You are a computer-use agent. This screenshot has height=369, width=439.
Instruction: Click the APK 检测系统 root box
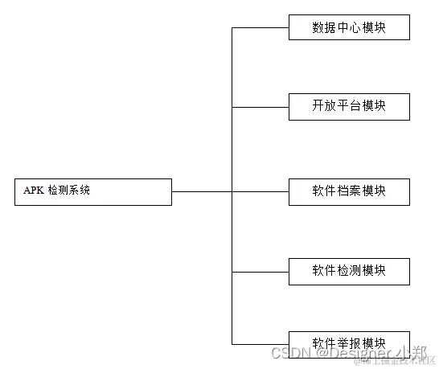93,191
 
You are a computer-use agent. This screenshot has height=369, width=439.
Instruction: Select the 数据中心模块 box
349,27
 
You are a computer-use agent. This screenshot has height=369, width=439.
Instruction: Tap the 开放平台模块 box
349,106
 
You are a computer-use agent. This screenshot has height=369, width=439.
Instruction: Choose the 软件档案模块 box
349,191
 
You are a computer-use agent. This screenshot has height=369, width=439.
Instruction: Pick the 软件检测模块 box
349,271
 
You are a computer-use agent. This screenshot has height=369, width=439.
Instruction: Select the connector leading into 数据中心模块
260,27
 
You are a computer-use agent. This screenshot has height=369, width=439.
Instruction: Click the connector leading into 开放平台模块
260,106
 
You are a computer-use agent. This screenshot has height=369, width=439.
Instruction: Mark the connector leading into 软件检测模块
260,271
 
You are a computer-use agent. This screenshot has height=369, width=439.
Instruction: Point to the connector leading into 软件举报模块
260,343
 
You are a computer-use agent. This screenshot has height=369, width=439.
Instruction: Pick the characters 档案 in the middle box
349,191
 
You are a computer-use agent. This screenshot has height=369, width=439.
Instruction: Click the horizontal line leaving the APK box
201,191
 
